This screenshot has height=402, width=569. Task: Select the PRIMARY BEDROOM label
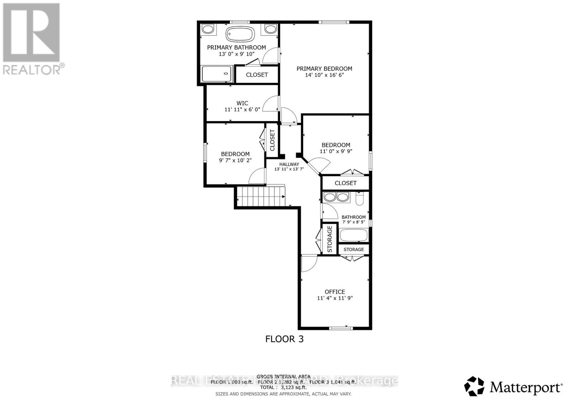324,69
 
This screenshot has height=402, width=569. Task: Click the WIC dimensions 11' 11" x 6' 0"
242,110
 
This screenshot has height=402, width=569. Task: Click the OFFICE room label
335,292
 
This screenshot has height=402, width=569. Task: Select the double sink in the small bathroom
337,197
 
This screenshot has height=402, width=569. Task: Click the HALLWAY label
289,164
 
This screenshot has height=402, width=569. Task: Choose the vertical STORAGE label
330,239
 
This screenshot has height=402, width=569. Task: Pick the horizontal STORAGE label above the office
353,249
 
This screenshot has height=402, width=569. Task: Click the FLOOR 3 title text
284,339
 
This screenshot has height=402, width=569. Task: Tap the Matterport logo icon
474,386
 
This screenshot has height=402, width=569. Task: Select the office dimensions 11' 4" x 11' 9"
335,298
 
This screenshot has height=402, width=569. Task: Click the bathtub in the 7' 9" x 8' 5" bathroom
353,235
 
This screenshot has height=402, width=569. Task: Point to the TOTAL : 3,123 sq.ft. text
283,388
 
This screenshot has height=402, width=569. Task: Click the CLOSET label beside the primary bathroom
257,75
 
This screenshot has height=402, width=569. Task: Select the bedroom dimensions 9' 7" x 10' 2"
235,160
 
